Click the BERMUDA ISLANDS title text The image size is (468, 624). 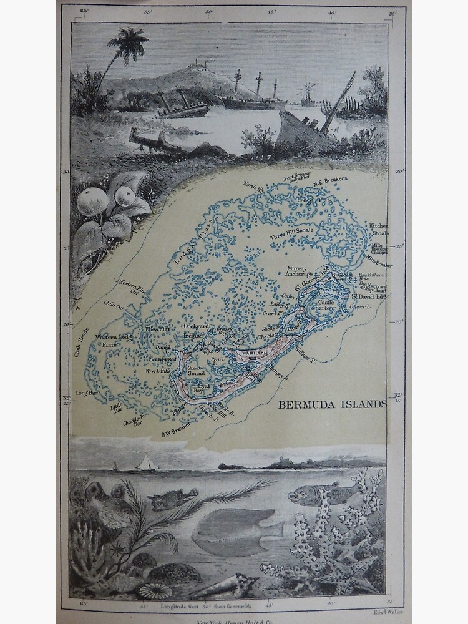332,404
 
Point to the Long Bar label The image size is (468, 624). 85,392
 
